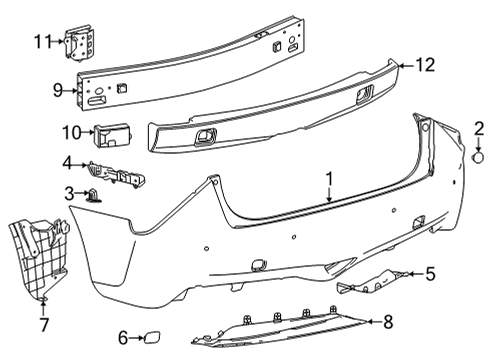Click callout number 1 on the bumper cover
327,179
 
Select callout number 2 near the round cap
478,129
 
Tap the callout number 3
70,193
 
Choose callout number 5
430,273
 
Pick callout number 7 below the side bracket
44,325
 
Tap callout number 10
71,131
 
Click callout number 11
41,42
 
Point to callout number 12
426,66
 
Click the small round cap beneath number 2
477,156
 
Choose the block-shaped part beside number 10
116,131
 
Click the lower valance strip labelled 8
290,329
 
